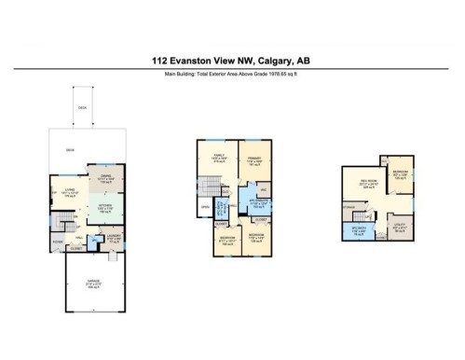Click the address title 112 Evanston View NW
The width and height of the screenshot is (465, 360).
pyautogui.click(x=231, y=60)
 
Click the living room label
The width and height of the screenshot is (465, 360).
pyautogui.click(x=69, y=194)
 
